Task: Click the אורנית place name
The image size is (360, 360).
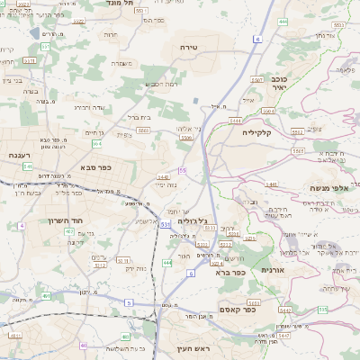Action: (x=273, y=269)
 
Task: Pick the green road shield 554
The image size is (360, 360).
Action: (x=96, y=143)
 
